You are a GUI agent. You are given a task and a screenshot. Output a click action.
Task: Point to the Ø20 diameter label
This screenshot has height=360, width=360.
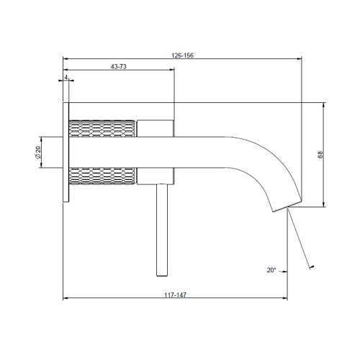tap(37, 152)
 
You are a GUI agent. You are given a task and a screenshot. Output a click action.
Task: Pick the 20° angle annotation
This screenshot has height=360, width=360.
tap(271, 270)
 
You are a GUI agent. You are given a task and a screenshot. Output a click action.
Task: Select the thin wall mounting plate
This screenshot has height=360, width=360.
tap(66, 152)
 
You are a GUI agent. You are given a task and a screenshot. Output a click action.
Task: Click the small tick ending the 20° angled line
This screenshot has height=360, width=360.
tap(312, 268)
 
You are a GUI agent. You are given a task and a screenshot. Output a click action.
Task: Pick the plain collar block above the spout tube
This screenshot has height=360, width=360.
tap(154, 129)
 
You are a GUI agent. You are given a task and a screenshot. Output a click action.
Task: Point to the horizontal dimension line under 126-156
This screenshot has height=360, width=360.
tap(182, 58)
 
